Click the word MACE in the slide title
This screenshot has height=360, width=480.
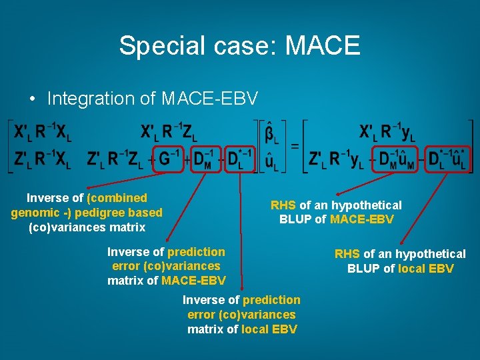click(x=323, y=45)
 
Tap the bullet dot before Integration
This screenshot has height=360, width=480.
click(x=33, y=99)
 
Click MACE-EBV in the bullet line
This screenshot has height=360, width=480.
click(x=209, y=99)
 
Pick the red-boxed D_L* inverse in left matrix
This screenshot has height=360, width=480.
click(x=239, y=160)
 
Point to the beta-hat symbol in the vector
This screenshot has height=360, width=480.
click(x=271, y=133)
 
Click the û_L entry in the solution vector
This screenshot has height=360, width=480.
click(x=271, y=161)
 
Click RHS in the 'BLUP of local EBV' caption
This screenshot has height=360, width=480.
click(x=347, y=254)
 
